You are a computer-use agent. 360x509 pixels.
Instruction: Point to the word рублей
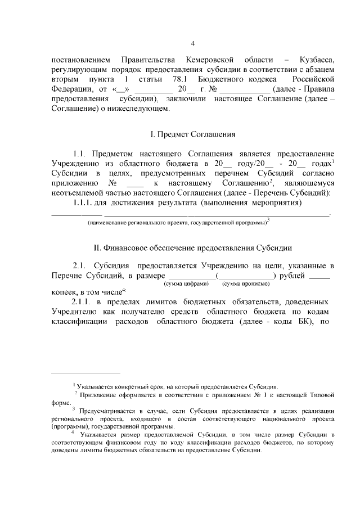click(291, 276)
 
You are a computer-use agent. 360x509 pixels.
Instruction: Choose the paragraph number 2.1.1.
click(84, 302)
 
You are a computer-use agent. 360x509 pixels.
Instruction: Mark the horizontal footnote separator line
click(85, 372)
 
